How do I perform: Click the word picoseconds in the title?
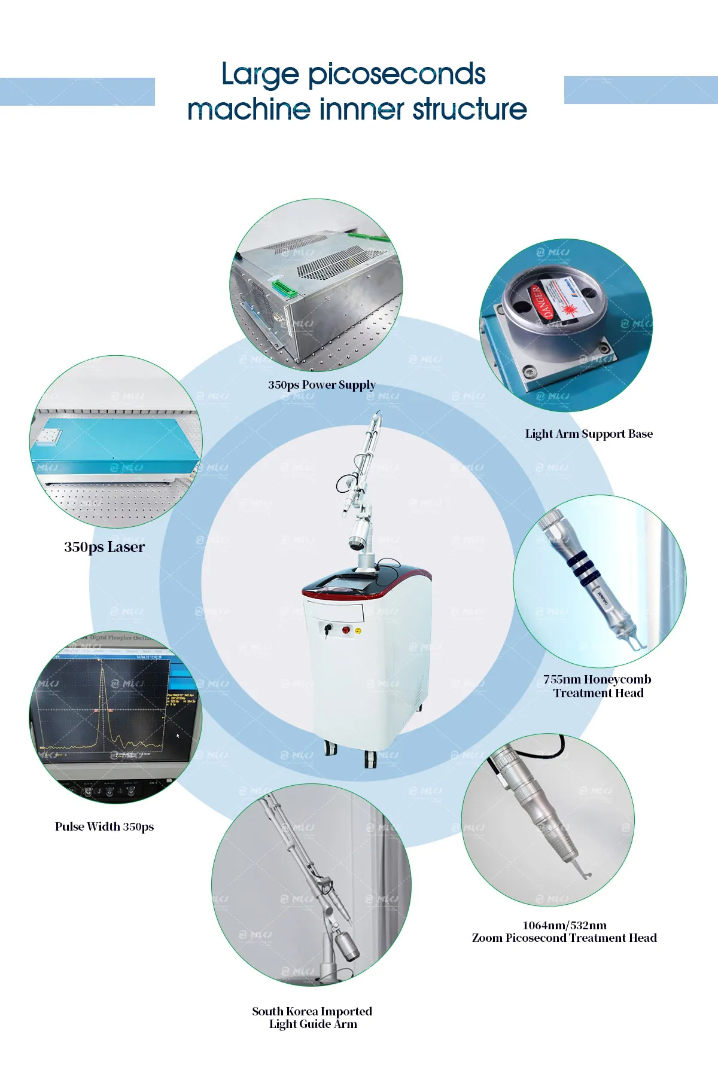tap(396, 75)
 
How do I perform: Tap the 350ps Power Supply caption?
tap(322, 385)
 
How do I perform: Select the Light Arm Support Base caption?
tap(589, 434)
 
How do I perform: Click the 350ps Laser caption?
tap(104, 547)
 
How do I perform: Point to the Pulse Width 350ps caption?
tap(104, 826)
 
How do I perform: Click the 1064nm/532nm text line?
tap(564, 925)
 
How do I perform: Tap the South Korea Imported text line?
tap(312, 1011)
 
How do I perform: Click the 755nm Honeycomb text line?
tap(597, 679)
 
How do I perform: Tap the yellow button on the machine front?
tap(358, 631)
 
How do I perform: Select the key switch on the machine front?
tap(328, 628)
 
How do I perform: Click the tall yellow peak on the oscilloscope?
tap(103, 682)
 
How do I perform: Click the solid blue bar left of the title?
tap(77, 91)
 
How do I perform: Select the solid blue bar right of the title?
tap(640, 90)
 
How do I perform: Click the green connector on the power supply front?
tap(285, 289)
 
